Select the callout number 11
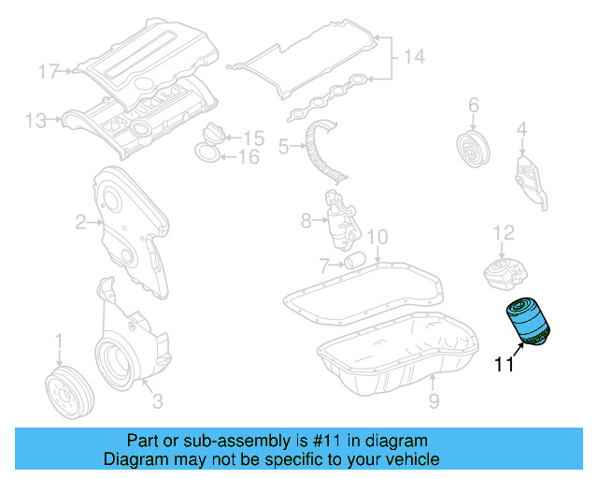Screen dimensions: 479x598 [x=505, y=366]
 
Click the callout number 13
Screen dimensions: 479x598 [x=36, y=120]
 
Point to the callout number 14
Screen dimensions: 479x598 [x=412, y=58]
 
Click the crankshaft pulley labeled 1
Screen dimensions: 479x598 [x=64, y=389]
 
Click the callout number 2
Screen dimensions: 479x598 [x=81, y=222]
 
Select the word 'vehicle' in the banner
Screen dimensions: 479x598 [x=412, y=459]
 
